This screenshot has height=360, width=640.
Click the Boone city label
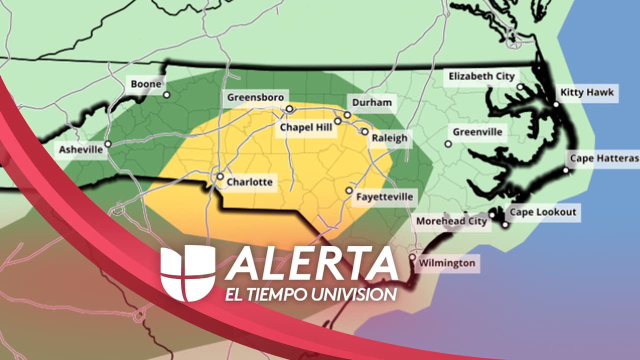(146, 84)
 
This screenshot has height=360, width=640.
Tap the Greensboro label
(255, 97)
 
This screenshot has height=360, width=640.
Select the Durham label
(372, 102)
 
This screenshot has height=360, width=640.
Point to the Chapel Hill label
(306, 127)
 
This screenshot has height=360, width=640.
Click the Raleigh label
(389, 138)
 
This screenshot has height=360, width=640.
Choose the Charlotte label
(249, 182)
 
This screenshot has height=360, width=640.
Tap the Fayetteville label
(384, 196)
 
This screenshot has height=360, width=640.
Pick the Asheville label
(81, 149)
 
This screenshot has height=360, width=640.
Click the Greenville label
(477, 132)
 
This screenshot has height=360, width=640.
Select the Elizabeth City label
(481, 76)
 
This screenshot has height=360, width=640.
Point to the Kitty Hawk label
(587, 92)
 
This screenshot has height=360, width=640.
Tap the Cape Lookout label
(543, 212)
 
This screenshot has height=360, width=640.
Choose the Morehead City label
(451, 221)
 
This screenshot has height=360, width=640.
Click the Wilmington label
(447, 263)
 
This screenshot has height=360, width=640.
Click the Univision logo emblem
(188, 273)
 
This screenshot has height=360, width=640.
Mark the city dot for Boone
(166, 94)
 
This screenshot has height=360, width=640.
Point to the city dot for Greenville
(448, 144)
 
